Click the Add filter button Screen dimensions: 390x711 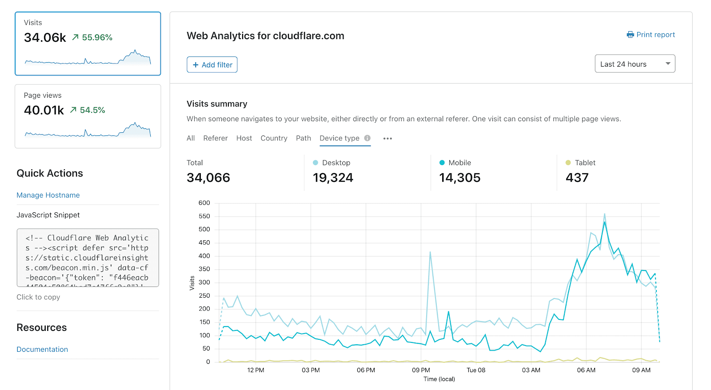(x=212, y=65)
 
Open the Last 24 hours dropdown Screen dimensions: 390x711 (x=635, y=64)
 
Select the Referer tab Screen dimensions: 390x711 (x=215, y=138)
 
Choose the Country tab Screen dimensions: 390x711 (x=274, y=138)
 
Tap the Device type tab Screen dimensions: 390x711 (x=340, y=138)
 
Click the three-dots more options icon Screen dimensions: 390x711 (x=387, y=139)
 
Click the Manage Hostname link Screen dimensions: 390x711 (x=48, y=195)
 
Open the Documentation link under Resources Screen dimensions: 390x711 (x=42, y=349)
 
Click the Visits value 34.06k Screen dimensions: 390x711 (x=45, y=38)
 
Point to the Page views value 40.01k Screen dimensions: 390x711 (x=44, y=110)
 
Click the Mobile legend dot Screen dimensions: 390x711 (x=442, y=163)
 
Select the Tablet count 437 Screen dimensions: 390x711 (x=577, y=178)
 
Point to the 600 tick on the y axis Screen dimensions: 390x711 (x=204, y=203)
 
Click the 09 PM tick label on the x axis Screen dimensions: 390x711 (x=421, y=370)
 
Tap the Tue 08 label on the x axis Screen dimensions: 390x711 (x=476, y=370)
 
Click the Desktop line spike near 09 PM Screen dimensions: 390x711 (x=430, y=253)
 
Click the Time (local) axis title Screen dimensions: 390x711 (x=439, y=379)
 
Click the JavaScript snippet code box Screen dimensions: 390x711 (x=88, y=258)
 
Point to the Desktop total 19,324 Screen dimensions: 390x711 (x=333, y=178)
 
